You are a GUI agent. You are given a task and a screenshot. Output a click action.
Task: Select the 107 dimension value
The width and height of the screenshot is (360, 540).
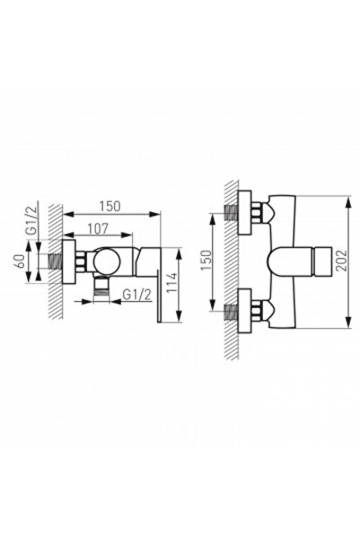pos(101,229)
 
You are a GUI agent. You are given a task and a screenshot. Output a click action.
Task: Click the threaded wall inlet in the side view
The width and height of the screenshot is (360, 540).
pos(59,261)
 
